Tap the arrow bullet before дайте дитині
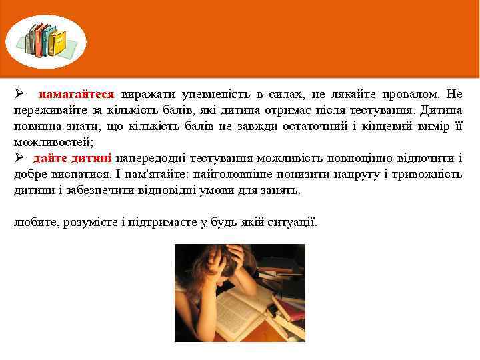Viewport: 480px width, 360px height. (x=19, y=158)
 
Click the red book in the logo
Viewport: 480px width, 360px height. (x=39, y=39)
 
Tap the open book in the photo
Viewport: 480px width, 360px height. (x=240, y=310)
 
